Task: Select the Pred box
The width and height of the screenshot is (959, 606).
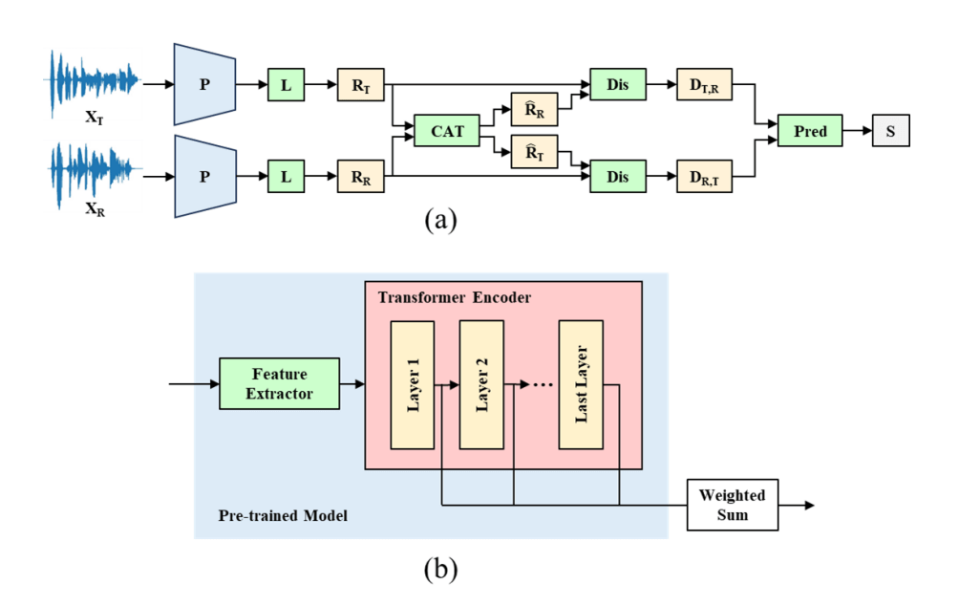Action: [809, 131]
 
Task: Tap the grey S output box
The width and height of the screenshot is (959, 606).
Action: [889, 131]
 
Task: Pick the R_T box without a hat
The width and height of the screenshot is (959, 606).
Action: [360, 85]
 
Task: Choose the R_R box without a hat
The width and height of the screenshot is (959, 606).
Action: [360, 177]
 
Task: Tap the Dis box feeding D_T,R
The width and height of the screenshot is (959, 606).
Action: [617, 85]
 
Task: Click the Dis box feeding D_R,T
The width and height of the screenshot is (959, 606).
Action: [617, 177]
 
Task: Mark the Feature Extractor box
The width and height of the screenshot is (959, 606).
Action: [279, 384]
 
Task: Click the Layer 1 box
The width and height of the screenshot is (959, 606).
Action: [413, 385]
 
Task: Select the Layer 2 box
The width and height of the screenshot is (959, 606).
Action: [481, 385]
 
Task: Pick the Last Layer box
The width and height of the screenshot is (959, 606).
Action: [582, 385]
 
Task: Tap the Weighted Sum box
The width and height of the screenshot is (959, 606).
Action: [733, 505]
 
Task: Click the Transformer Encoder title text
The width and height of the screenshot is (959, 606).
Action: [454, 297]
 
